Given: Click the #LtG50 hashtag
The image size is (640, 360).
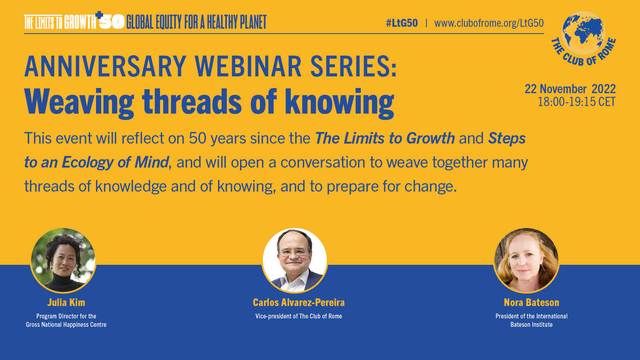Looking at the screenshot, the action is click(x=402, y=23).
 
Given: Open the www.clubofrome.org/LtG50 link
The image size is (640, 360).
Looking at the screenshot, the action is click(x=489, y=24).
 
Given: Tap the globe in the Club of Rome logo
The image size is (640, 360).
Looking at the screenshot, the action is click(x=583, y=33).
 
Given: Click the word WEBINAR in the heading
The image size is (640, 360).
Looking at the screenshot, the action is click(x=248, y=66).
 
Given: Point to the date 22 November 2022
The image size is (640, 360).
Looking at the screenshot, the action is click(x=570, y=89).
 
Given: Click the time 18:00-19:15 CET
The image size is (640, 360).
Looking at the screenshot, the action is click(x=576, y=102).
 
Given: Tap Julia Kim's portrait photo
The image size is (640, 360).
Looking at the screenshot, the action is click(x=63, y=260).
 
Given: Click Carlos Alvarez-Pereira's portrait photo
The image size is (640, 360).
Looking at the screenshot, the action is click(x=294, y=260).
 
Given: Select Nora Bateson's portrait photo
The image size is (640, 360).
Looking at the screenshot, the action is click(x=526, y=260).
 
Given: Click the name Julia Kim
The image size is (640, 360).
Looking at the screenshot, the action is click(x=66, y=302).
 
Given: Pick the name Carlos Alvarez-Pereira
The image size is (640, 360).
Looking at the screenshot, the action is click(x=298, y=302).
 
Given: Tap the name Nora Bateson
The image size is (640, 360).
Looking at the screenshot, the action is click(x=532, y=302).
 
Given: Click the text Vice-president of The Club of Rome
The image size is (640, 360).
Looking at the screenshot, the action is click(x=298, y=316).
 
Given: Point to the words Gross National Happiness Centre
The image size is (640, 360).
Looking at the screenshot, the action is click(x=66, y=324).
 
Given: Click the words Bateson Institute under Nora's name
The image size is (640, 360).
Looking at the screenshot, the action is click(x=532, y=324).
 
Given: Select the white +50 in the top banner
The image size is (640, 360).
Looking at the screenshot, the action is click(x=110, y=20).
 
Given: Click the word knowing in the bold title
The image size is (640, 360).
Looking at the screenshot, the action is click(x=340, y=103).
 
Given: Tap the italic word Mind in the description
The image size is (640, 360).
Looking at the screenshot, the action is click(x=152, y=162).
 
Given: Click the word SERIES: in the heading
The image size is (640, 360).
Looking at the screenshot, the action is click(x=354, y=66).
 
